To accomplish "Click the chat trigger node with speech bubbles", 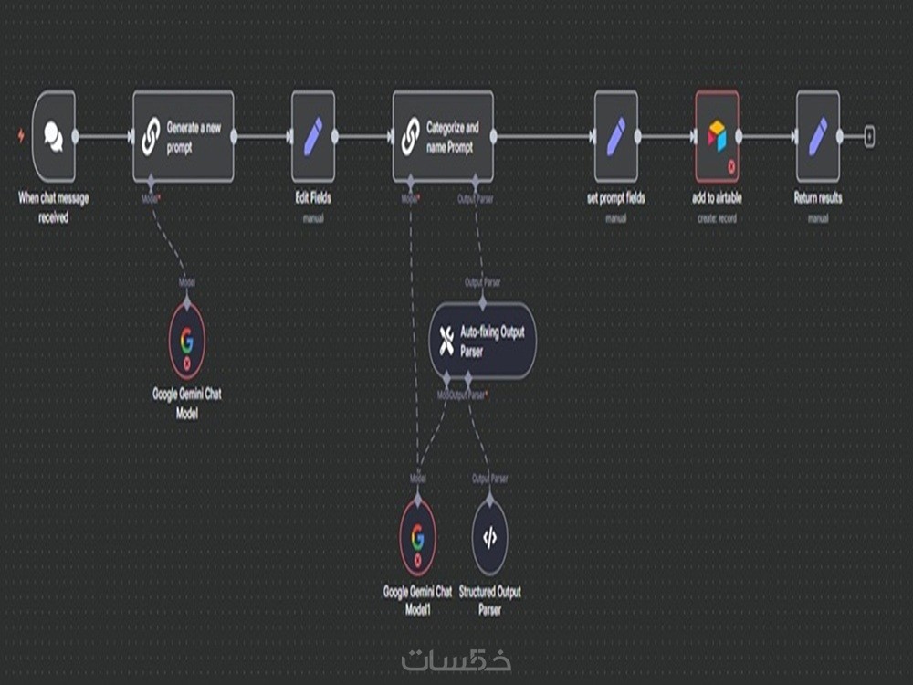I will point(53,137).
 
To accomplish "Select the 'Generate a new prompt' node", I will point(184,136).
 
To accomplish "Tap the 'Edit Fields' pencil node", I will point(313,136).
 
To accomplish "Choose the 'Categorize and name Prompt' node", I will point(443,136).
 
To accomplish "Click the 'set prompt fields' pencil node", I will point(616,136).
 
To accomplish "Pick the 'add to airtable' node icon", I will point(717,136).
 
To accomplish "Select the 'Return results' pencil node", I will point(817,136).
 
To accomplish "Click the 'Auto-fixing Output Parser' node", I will point(482,340).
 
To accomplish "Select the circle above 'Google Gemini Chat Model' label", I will point(187,342).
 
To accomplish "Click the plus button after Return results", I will point(869,137).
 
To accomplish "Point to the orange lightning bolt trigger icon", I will point(22,137).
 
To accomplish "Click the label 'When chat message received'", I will point(53,207).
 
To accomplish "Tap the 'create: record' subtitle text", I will point(717,219).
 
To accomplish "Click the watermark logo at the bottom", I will point(456,658).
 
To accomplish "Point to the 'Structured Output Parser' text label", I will point(489,600).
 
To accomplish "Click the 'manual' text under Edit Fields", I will point(313,219).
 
